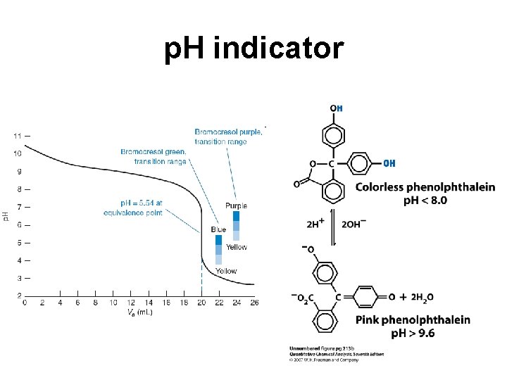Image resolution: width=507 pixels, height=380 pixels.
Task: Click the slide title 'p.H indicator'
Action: click(254, 49)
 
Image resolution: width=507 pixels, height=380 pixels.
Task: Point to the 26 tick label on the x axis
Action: click(254, 303)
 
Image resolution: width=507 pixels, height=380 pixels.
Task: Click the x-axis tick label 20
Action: click(201, 303)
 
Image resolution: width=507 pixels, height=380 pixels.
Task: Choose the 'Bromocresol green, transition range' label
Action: click(154, 156)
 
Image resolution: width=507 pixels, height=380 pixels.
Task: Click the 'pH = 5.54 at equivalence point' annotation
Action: click(133, 208)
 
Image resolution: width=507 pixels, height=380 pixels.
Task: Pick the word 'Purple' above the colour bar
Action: click(237, 205)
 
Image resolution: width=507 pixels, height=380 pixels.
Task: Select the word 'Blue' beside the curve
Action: click(218, 229)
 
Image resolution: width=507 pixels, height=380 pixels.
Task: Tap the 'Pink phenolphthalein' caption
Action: click(413, 320)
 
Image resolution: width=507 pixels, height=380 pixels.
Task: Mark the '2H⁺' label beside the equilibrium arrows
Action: click(315, 225)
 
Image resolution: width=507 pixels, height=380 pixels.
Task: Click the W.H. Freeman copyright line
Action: click(324, 360)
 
